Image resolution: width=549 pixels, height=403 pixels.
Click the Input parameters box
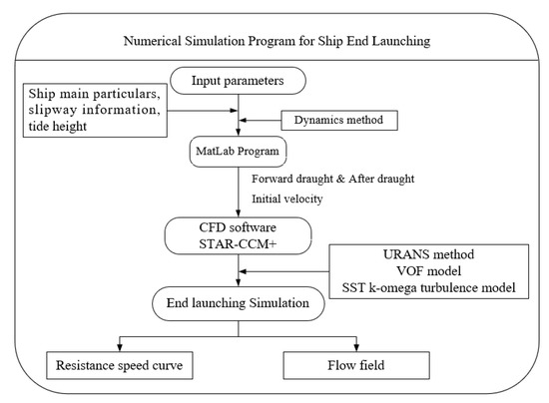[x=238, y=80]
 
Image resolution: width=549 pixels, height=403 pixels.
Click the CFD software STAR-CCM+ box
[x=238, y=236]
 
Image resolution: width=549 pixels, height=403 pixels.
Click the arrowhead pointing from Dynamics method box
[x=246, y=121]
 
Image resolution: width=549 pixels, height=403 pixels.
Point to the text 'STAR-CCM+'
[x=238, y=245]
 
